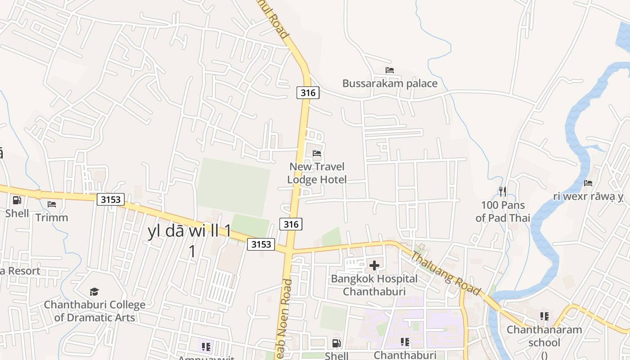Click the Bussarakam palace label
click(x=390, y=83)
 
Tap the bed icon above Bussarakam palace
click(x=390, y=70)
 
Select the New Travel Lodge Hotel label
click(x=317, y=173)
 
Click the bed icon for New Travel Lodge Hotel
click(x=317, y=153)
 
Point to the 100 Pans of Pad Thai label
click(x=503, y=211)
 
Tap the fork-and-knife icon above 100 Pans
click(x=503, y=192)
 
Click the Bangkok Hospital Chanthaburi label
click(x=374, y=285)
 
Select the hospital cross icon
click(x=374, y=265)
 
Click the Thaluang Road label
click(x=446, y=273)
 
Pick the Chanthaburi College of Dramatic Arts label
click(x=94, y=311)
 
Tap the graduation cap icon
click(x=94, y=292)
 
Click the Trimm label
click(x=52, y=218)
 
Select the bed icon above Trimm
click(x=52, y=204)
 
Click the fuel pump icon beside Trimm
click(x=17, y=200)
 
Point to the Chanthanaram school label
click(x=544, y=336)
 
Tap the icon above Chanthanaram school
click(x=544, y=316)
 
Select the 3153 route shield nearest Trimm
click(x=111, y=199)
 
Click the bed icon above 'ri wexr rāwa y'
click(x=588, y=183)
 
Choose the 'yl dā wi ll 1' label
click(x=189, y=231)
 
